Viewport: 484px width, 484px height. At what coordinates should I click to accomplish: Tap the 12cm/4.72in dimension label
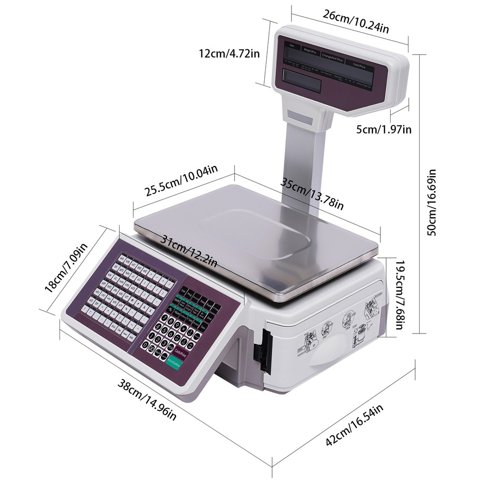[x=228, y=53]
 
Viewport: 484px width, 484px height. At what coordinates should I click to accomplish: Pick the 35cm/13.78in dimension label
[x=313, y=193]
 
